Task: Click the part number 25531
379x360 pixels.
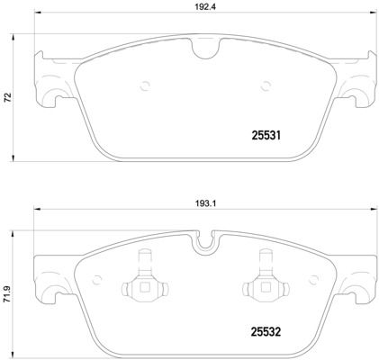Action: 266,136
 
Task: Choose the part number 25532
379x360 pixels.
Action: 266,330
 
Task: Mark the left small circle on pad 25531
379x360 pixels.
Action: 144,86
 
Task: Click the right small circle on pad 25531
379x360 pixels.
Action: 265,86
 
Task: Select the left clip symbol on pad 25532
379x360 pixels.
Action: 143,287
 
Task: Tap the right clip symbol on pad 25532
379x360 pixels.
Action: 266,287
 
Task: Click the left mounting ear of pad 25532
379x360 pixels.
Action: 50,275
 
